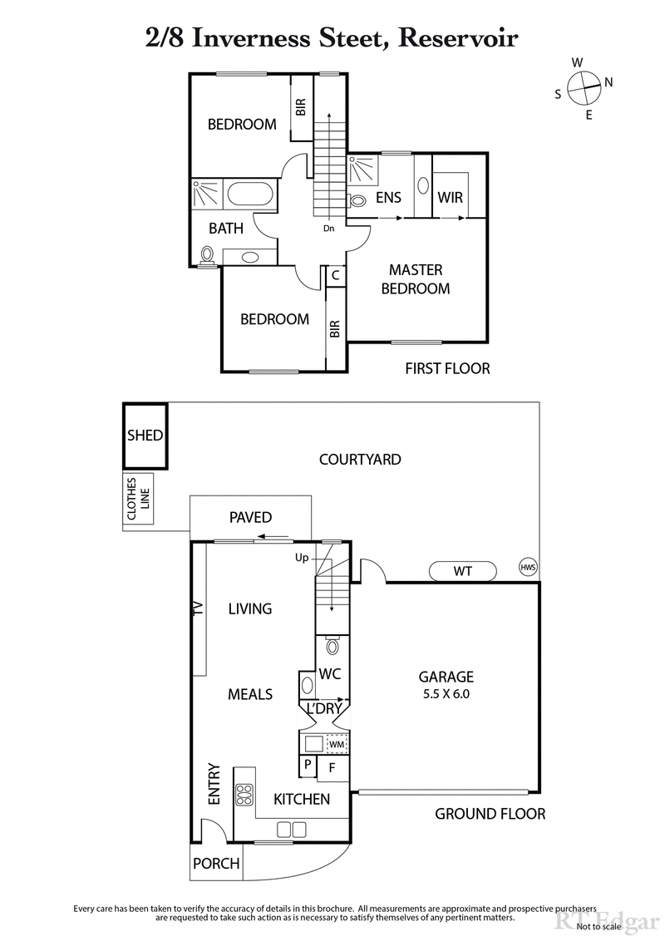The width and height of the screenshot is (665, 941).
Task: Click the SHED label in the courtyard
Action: (x=145, y=436)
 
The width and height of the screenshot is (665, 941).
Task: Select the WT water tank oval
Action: (x=463, y=571)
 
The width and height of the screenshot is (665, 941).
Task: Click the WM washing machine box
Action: (x=336, y=742)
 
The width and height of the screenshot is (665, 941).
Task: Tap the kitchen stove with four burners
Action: (x=244, y=796)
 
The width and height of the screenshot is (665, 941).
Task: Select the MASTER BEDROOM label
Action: (x=416, y=279)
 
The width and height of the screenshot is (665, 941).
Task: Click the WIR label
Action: (x=450, y=198)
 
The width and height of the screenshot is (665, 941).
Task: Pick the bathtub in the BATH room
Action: (x=250, y=195)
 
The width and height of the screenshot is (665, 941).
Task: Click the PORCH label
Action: (x=216, y=864)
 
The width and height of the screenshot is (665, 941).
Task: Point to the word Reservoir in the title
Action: (x=461, y=37)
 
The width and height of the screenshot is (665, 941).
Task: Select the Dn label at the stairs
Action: (x=329, y=228)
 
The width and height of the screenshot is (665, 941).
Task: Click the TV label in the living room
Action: (x=198, y=608)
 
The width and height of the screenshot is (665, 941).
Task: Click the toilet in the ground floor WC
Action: (x=332, y=646)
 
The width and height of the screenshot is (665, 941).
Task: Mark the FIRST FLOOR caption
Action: (x=447, y=367)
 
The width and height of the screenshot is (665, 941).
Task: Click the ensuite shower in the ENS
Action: (x=362, y=171)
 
